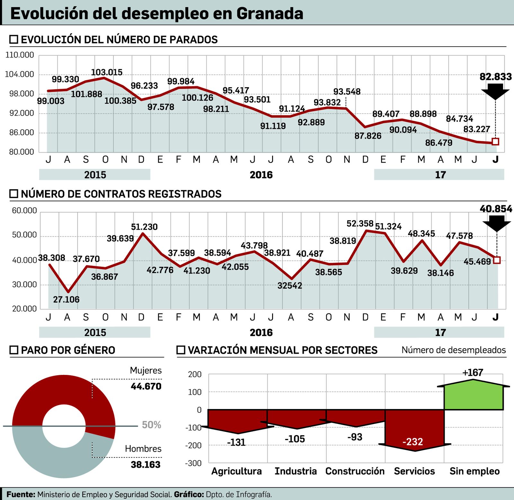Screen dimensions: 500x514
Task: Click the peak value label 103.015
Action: [x=107, y=72]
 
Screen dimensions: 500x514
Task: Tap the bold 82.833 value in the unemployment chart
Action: [x=495, y=77]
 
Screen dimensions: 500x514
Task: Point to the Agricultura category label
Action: [x=236, y=471]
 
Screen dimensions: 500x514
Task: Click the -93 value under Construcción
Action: [x=355, y=437]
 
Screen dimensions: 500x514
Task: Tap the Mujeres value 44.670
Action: [x=146, y=386]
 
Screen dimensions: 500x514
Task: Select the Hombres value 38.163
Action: [x=146, y=464]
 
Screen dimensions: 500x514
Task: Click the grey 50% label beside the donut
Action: [x=151, y=425]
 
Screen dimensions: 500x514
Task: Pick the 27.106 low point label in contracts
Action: [x=66, y=299]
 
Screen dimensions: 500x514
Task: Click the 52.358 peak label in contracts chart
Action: [x=360, y=223]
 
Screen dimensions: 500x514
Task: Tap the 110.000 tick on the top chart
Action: [x=20, y=55]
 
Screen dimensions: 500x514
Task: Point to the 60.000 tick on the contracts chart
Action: [x=24, y=211]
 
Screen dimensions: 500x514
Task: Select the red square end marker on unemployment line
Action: [x=495, y=141]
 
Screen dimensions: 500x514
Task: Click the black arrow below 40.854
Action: [x=497, y=223]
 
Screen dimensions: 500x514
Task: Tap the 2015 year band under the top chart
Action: [x=95, y=175]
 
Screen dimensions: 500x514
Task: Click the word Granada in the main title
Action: [x=270, y=14]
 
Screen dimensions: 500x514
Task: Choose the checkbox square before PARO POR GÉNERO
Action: [x=14, y=350]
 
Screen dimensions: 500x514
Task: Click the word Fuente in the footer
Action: [x=21, y=494]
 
